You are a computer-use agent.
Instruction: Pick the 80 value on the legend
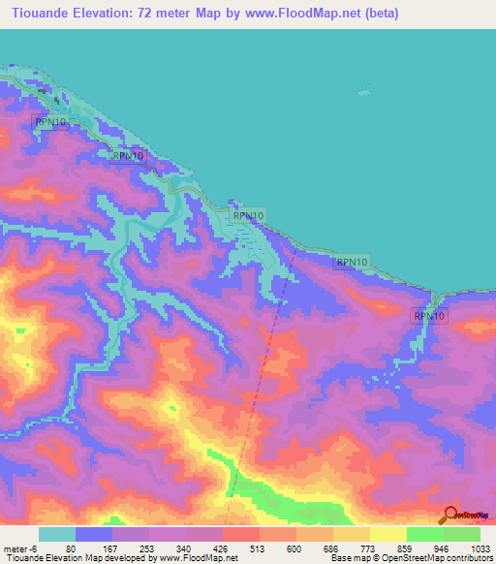point(70,548)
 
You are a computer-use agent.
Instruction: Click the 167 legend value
point(111,548)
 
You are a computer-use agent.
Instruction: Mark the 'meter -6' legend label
point(21,548)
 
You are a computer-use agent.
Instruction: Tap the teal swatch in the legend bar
point(56,534)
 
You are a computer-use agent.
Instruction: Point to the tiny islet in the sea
point(364,93)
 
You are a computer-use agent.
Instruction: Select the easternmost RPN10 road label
point(428,316)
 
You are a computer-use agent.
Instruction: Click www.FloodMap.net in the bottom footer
point(199,558)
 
